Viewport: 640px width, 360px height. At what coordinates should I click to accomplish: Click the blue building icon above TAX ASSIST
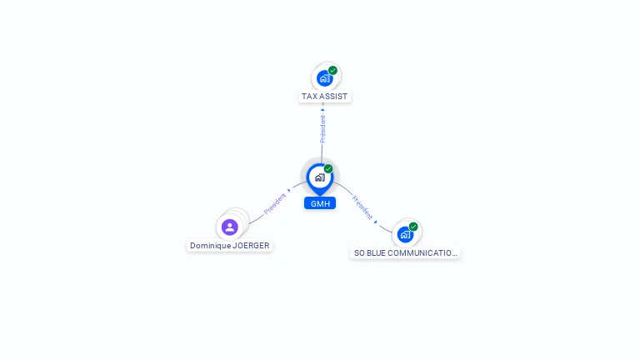coord(325,78)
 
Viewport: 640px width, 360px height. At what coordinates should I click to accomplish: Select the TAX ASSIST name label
coord(324,97)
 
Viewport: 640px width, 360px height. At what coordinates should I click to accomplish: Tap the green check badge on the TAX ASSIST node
coord(332,70)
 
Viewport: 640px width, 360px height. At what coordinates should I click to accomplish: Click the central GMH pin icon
coord(320,178)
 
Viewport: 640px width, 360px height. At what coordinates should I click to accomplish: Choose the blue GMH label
coord(320,203)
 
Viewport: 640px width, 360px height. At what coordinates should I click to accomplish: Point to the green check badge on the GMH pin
coord(328,168)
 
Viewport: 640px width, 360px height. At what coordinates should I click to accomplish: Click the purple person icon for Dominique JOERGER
coord(230,227)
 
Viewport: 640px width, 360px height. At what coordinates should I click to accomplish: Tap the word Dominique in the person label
coord(210,246)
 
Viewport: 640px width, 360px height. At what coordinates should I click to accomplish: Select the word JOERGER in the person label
coord(251,246)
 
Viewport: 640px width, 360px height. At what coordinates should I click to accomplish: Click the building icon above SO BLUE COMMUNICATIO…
coord(405,235)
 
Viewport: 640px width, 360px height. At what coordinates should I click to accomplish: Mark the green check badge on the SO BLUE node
coord(413,227)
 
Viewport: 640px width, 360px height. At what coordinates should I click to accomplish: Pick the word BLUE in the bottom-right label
coord(376,253)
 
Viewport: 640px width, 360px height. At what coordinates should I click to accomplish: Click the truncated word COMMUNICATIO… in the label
coord(422,253)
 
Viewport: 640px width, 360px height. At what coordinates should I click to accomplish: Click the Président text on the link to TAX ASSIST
coord(322,129)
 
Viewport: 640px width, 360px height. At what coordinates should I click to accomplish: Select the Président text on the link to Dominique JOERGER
coord(275,203)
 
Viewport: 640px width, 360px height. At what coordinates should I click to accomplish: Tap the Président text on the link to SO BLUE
coord(362,207)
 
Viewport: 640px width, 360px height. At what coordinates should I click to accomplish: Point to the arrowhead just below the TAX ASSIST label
coord(322,110)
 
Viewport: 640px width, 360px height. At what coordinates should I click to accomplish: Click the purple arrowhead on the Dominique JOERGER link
coord(289,190)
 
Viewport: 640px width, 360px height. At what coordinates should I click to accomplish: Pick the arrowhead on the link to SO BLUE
coord(376,222)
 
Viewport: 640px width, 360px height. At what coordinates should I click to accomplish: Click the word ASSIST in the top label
coord(334,97)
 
